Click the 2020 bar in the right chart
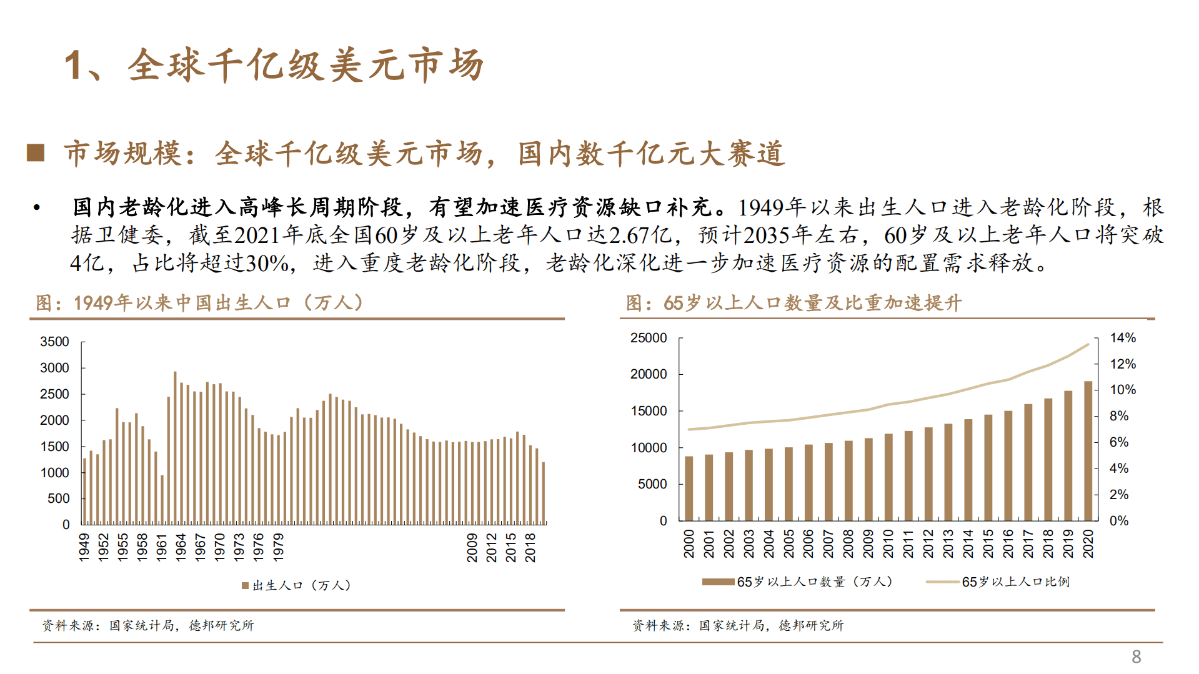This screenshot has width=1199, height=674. tap(1088, 450)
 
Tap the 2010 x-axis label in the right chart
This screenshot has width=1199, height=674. tap(888, 543)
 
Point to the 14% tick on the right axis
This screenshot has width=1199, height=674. tap(1122, 338)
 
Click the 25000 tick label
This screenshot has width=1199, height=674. tap(649, 338)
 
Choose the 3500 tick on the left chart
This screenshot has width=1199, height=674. tap(54, 342)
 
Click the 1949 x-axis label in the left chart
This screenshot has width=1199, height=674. tap(84, 547)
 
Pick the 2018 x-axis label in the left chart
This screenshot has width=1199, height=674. tap(530, 547)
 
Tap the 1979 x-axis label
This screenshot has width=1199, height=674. tap(279, 547)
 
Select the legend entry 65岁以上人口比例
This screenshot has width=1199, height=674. tap(1015, 582)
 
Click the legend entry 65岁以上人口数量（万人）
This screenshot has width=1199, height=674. tap(815, 582)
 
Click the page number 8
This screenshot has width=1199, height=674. tap(1136, 657)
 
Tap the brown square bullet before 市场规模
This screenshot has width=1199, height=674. tap(36, 152)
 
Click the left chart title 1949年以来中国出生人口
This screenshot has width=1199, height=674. tap(200, 303)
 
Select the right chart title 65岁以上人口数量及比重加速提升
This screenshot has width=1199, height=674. tap(794, 303)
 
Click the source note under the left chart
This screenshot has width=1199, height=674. tap(148, 625)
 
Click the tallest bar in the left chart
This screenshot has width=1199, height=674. tap(175, 447)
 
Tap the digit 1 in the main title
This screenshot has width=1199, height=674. tap(73, 65)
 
